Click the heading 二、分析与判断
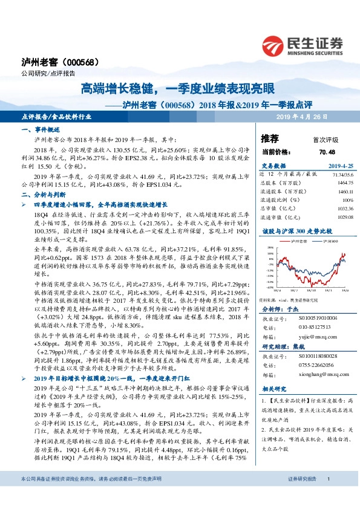click(x=42, y=195)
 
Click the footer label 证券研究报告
click(x=298, y=496)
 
